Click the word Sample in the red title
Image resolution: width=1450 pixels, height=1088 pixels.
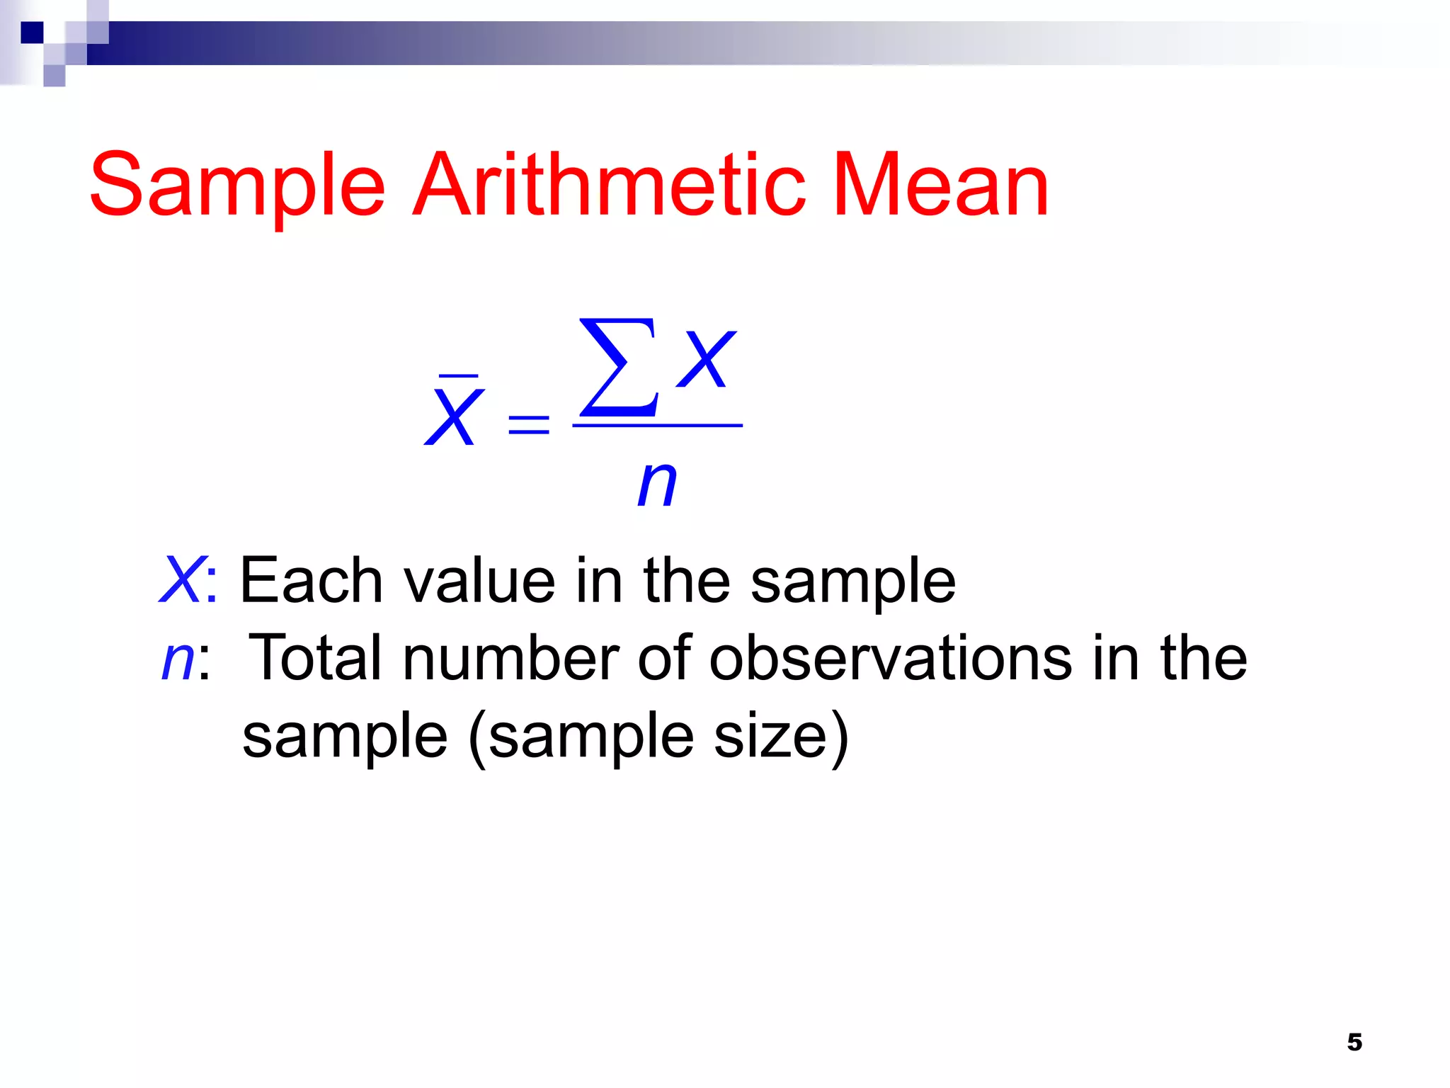coord(237,186)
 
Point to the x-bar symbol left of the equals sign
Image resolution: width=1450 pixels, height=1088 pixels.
coord(454,414)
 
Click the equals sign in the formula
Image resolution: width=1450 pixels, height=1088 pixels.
coord(529,424)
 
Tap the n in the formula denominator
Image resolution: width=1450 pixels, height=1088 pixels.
coord(657,484)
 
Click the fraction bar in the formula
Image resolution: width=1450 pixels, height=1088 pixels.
coord(657,426)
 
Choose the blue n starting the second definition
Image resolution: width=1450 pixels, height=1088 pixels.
coord(178,659)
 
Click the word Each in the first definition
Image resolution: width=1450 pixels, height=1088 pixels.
coord(312,580)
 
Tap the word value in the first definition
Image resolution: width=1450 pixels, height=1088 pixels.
coord(479,580)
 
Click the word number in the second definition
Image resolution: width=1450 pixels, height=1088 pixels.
coord(510,658)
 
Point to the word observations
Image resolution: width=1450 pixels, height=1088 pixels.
coord(891,658)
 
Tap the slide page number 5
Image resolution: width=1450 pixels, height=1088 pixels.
coord(1354,1042)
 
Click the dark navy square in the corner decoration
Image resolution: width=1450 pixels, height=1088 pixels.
coord(32,33)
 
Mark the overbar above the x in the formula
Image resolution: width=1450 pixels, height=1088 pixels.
coord(459,375)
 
